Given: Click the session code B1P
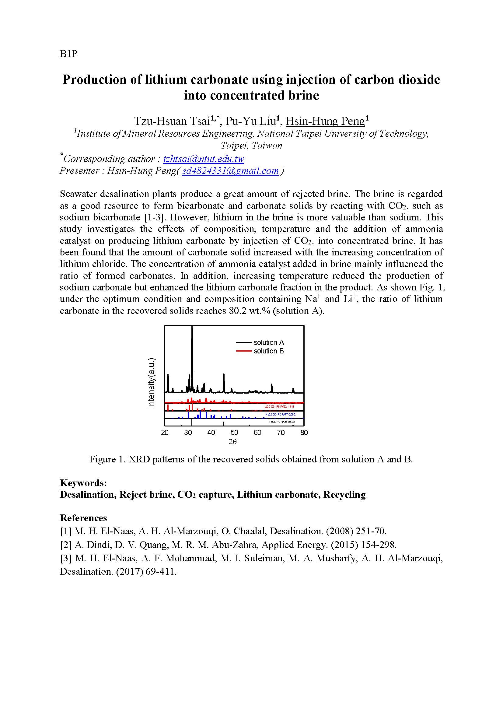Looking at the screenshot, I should point(68,54).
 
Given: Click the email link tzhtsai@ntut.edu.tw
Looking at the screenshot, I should point(204,159).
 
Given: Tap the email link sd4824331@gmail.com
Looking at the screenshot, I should point(230,171).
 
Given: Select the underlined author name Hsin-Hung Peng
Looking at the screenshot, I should point(325,121).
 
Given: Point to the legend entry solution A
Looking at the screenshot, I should point(268,342).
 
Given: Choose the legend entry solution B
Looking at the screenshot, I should point(268,351).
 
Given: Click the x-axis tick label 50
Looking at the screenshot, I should point(234,433).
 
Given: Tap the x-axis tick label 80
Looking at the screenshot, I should point(304,433).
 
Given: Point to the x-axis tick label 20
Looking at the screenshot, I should point(165,433).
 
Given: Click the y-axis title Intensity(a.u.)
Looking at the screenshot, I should point(151,382).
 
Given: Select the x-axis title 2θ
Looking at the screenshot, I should point(232,442).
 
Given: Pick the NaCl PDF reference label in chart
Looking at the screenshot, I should point(281,422).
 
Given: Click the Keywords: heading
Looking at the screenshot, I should point(83,483).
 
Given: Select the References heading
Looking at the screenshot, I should point(83,518).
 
